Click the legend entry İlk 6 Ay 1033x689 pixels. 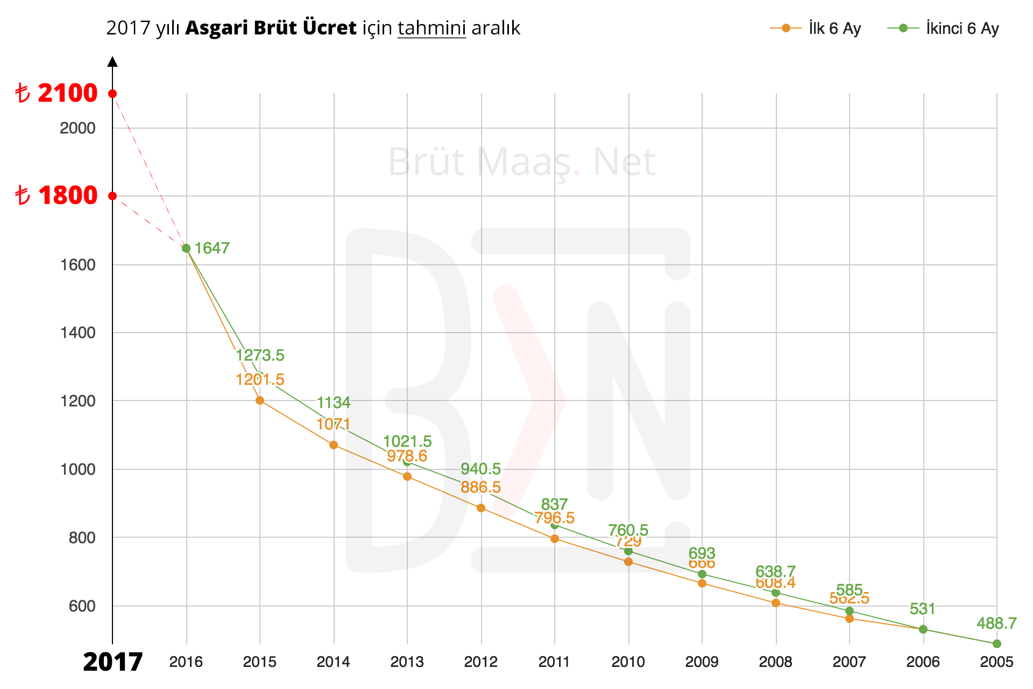[x=816, y=29]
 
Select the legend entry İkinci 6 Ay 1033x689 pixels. [x=943, y=29]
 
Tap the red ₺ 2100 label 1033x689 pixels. [x=56, y=93]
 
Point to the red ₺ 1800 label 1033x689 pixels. [x=56, y=195]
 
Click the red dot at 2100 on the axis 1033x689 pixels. [x=112, y=94]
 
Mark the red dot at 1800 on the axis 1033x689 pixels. [x=112, y=195]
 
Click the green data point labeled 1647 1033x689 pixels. [x=186, y=248]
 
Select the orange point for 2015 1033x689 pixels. [x=260, y=400]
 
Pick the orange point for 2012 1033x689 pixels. [x=481, y=508]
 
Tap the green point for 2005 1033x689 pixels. [x=997, y=644]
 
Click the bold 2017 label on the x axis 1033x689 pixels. [x=112, y=662]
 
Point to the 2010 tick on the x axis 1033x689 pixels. [x=628, y=662]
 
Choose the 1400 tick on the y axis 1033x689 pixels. [x=78, y=333]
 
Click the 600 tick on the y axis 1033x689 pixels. [x=82, y=606]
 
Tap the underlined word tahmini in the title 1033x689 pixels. [x=431, y=28]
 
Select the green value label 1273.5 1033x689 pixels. [x=260, y=355]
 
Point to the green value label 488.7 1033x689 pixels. [x=996, y=623]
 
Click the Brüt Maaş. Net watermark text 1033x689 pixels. [x=521, y=161]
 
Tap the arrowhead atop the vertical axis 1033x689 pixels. [x=112, y=61]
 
